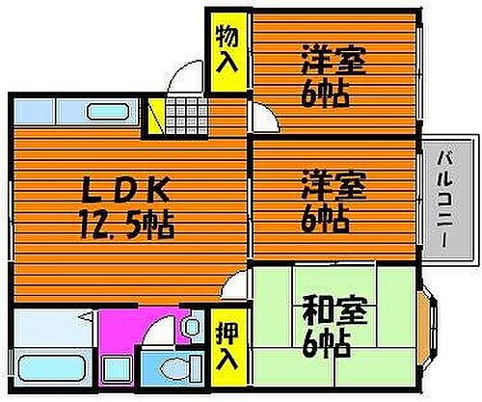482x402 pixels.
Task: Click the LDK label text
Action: tap(125, 190)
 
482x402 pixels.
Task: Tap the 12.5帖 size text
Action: tap(127, 226)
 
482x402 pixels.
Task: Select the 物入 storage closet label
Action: tap(227, 50)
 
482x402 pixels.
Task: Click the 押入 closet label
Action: tap(227, 347)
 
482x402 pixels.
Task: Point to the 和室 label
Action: tap(335, 311)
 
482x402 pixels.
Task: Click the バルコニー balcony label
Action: tap(445, 200)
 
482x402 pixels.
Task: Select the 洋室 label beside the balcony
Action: tap(334, 187)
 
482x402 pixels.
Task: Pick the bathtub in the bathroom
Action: tap(51, 367)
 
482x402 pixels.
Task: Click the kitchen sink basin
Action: tap(108, 112)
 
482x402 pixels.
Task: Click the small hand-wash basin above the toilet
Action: tap(193, 326)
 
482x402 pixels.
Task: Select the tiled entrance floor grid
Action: tap(187, 116)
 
